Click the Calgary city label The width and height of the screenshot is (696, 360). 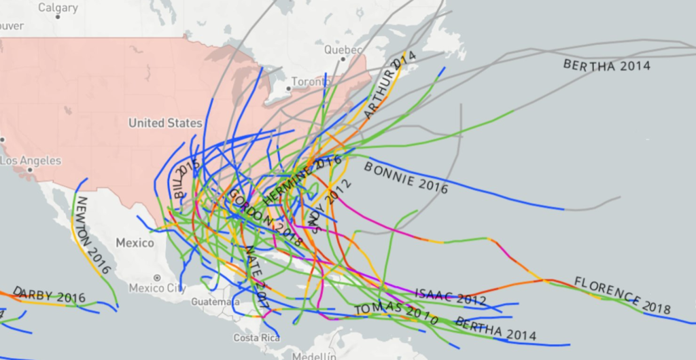pos(58,8)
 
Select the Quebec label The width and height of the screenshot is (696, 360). pos(340,50)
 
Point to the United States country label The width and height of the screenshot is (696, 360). pos(165,123)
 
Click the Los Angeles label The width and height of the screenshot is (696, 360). pos(31,161)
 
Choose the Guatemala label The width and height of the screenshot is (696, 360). pos(211,301)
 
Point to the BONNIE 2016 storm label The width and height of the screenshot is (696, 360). pos(406,177)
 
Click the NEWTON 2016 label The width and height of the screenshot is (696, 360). pos(92,235)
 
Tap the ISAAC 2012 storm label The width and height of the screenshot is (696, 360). pos(450,297)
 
